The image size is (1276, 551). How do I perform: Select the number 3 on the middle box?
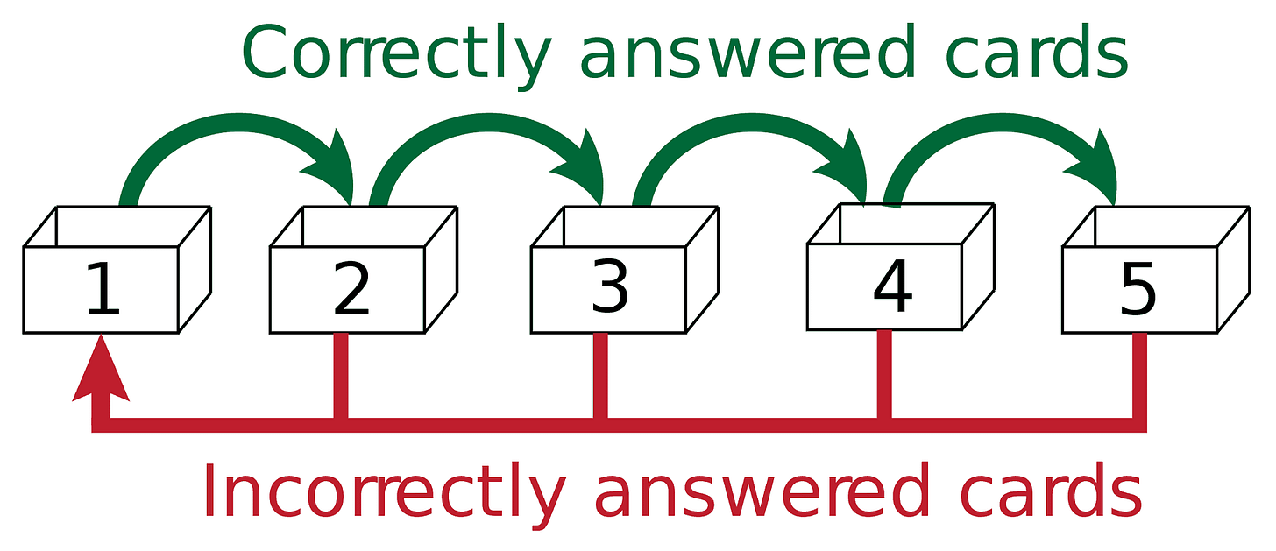click(610, 288)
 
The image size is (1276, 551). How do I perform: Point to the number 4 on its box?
click(892, 288)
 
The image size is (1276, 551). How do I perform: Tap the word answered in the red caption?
click(761, 492)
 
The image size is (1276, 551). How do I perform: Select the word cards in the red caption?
click(1047, 492)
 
